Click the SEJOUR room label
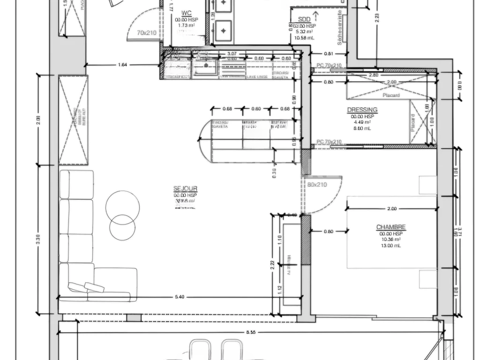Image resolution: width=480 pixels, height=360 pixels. tap(185, 188)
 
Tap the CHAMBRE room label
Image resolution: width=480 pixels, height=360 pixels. tap(391, 227)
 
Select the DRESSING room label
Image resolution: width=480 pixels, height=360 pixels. tap(362, 110)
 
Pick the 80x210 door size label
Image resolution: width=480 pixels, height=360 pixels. tap(317, 184)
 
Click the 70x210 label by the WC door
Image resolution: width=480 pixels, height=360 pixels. tap(147, 33)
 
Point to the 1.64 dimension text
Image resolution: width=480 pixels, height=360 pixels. tap(122, 64)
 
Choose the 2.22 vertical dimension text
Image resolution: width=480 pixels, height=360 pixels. tap(272, 264)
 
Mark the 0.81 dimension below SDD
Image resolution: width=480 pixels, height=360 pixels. tap(328, 53)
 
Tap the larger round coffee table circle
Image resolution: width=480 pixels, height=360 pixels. tap(122, 208)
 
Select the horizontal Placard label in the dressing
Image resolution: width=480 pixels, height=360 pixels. tap(391, 95)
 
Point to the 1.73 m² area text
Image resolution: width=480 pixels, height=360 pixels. tap(186, 26)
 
